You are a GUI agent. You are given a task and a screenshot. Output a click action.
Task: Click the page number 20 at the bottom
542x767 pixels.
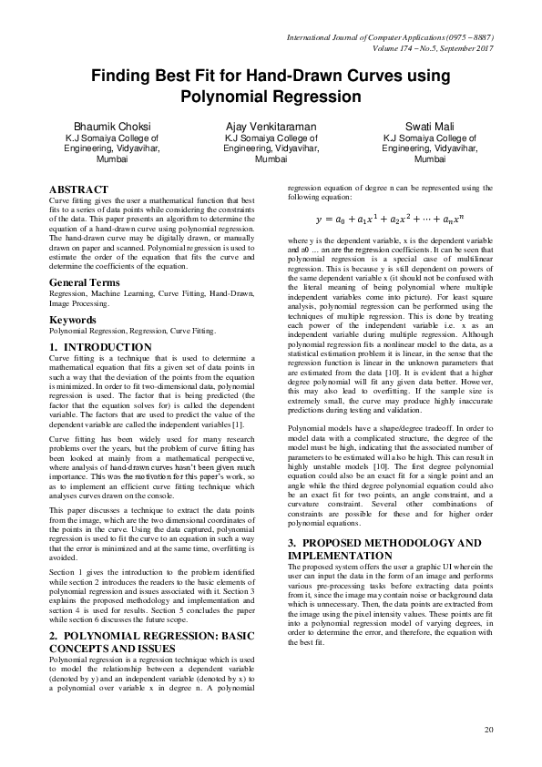click(x=488, y=730)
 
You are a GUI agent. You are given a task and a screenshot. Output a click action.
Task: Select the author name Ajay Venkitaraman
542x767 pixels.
click(x=271, y=126)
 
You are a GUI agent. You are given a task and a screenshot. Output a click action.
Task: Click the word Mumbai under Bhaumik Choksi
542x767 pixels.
click(x=106, y=159)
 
